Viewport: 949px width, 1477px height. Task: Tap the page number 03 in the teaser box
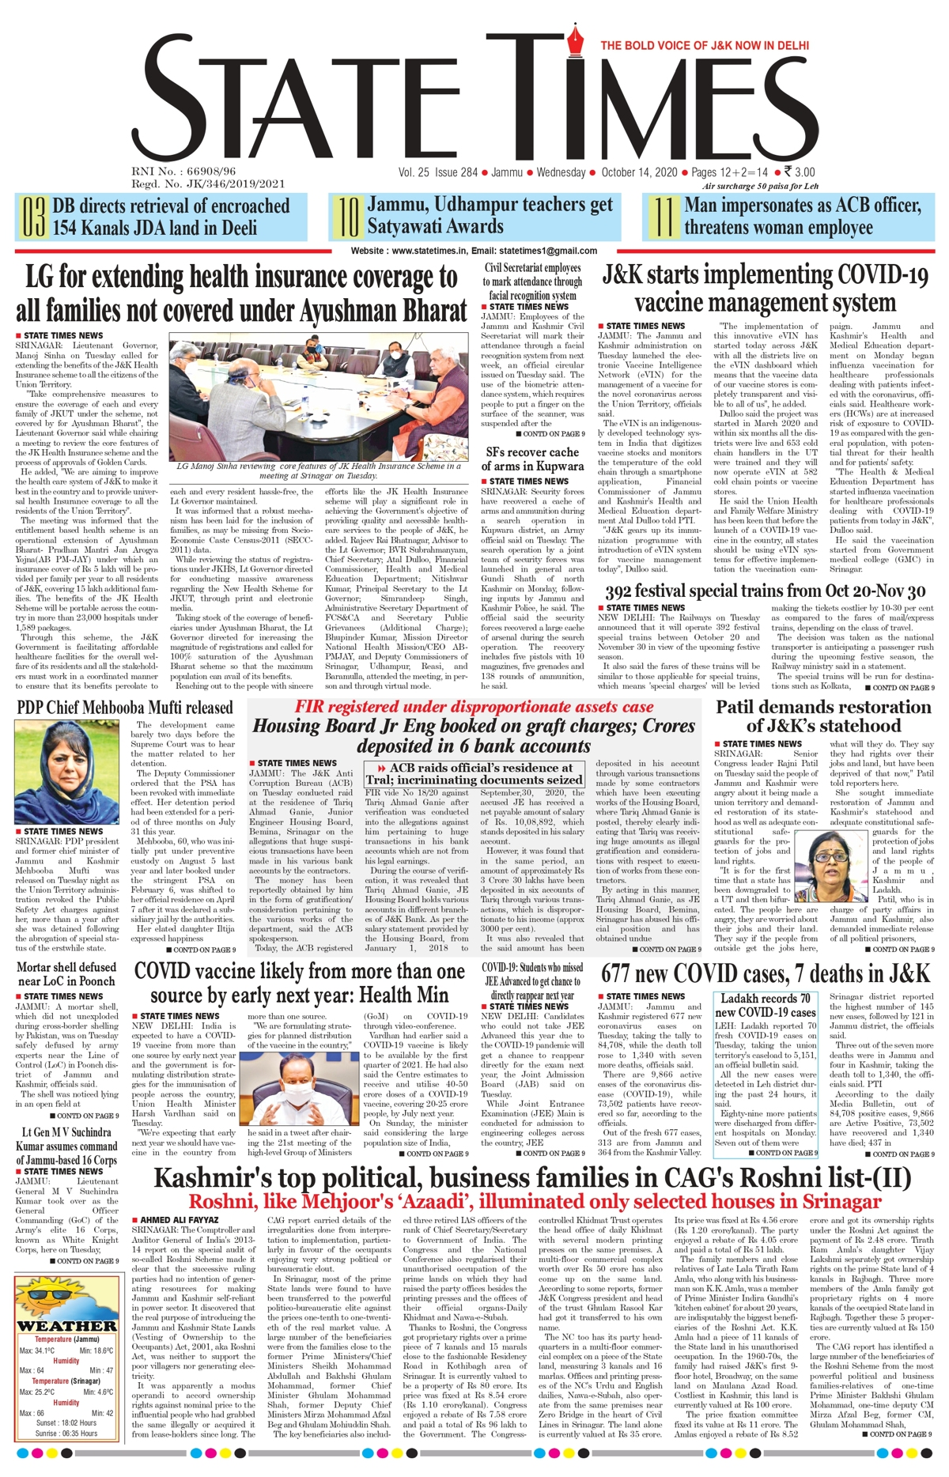(x=32, y=218)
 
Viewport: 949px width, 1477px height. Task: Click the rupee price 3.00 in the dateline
(x=799, y=172)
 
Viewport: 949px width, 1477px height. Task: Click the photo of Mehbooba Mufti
(x=66, y=772)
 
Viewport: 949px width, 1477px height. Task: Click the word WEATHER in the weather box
(x=67, y=1326)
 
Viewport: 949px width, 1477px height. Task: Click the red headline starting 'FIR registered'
(x=475, y=707)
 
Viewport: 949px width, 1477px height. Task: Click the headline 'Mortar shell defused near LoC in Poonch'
(x=66, y=973)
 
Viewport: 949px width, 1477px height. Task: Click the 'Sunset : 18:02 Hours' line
(x=67, y=1422)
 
